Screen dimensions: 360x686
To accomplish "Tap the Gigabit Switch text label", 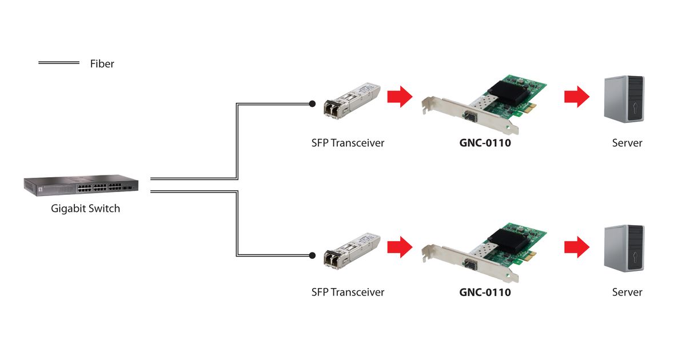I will [86, 209].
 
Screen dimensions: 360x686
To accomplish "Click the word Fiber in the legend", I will [102, 63].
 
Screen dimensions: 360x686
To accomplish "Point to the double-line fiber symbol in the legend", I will [58, 62].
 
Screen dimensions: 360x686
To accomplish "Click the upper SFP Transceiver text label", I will [348, 143].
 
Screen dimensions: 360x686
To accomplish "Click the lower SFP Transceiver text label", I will [348, 292].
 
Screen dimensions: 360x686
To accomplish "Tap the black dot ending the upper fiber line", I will [312, 104].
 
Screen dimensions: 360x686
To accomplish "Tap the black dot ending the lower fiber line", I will [312, 255].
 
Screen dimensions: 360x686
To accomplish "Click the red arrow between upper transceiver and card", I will [400, 97].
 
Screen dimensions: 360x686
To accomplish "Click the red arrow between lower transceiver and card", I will [400, 247].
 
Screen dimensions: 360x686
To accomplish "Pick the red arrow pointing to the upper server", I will [576, 97].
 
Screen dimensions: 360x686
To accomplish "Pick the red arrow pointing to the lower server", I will [576, 247].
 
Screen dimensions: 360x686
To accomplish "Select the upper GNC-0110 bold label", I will [485, 143].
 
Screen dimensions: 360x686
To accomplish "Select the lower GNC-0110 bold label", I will [485, 292].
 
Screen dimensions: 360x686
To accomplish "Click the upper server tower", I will [624, 99].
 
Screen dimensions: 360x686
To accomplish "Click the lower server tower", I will [624, 249].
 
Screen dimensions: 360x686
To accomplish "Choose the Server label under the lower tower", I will [627, 292].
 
